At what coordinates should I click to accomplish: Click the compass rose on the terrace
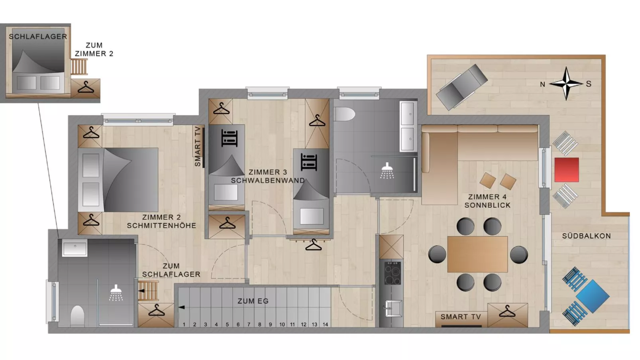click(x=566, y=83)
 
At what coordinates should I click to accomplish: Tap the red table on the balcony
click(x=567, y=169)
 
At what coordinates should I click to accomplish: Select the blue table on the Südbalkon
click(x=593, y=296)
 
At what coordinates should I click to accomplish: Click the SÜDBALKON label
click(x=586, y=236)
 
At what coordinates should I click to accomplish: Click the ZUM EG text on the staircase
click(x=253, y=301)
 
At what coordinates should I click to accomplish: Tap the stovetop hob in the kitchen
click(x=392, y=273)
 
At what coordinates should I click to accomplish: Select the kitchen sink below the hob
click(x=393, y=308)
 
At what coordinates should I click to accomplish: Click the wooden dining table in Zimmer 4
click(x=477, y=254)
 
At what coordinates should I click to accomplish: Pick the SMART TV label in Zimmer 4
click(x=461, y=317)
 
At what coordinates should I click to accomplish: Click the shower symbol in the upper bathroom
click(x=387, y=171)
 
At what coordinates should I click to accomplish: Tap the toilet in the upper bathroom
click(x=344, y=114)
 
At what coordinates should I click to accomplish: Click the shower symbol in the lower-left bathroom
click(x=116, y=293)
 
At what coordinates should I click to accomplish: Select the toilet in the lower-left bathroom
click(x=77, y=316)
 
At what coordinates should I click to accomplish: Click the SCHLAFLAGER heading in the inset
click(x=38, y=37)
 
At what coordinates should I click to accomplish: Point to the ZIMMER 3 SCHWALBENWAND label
click(x=268, y=177)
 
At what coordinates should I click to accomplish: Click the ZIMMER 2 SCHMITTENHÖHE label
click(x=161, y=221)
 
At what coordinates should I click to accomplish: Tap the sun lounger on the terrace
click(x=462, y=87)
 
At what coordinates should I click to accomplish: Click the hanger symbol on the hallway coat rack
click(x=314, y=245)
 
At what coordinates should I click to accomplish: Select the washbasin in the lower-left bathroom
click(x=75, y=248)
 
